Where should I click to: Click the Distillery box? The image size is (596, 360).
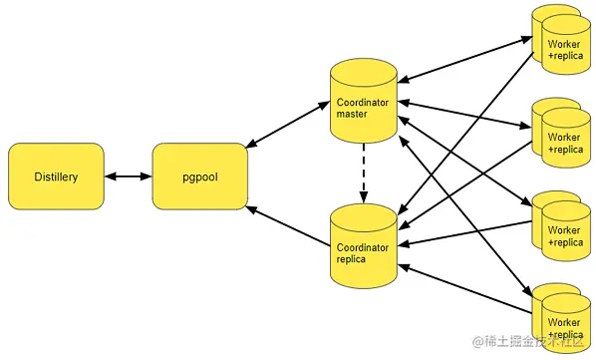point(55,177)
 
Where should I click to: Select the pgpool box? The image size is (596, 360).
point(199,177)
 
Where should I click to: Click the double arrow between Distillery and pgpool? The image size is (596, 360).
point(128,177)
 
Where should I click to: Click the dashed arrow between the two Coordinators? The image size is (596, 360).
point(364,170)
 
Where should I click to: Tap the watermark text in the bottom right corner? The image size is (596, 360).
point(528,342)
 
